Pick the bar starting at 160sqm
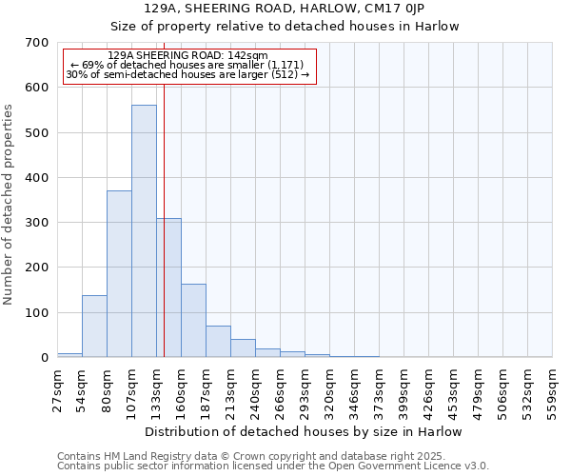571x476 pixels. tap(193, 321)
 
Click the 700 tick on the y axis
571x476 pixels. tap(37, 43)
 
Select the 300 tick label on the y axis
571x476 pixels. tap(37, 223)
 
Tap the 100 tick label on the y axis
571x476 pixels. tap(37, 313)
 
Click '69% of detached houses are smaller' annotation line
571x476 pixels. tap(187, 65)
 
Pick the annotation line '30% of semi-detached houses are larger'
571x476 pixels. tap(187, 74)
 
